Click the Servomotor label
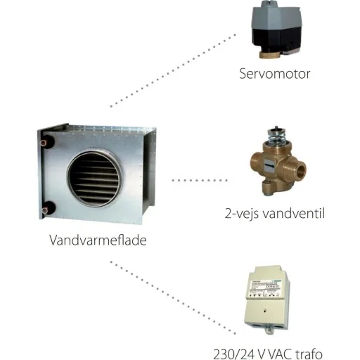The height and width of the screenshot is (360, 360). tap(275, 74)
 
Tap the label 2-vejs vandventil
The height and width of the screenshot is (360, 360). tap(275, 214)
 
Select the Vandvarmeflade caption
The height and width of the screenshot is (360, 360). tap(98, 240)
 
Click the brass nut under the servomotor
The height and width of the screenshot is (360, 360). tap(269, 56)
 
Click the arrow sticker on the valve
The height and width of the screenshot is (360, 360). tap(269, 166)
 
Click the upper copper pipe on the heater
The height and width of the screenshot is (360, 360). tap(45, 142)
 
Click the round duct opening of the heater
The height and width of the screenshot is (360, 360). tap(94, 179)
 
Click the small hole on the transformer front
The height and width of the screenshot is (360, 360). tap(264, 311)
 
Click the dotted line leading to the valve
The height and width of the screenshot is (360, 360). tap(200, 180)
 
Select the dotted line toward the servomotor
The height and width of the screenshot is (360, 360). tap(173, 70)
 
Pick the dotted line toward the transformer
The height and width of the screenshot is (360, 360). tap(173, 297)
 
